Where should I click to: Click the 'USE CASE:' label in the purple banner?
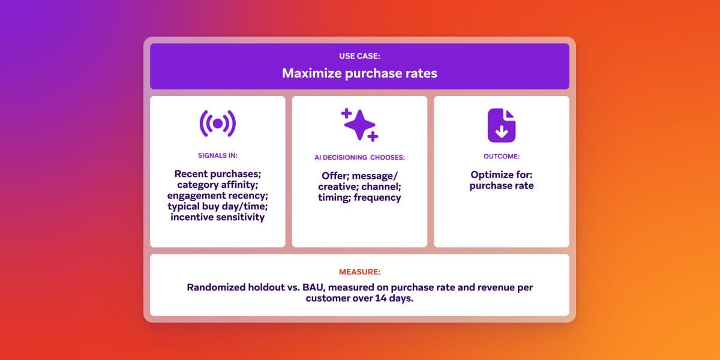(x=359, y=56)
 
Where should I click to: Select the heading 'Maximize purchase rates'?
(x=359, y=74)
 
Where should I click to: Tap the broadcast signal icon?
(x=217, y=124)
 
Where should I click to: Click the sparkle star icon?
(x=359, y=125)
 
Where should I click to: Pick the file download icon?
(x=501, y=125)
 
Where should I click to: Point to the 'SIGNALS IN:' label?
(x=217, y=155)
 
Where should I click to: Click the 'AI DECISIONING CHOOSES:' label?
(x=359, y=157)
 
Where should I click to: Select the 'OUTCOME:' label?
(x=501, y=156)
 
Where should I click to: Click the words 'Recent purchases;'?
(x=217, y=174)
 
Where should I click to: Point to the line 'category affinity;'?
(x=217, y=185)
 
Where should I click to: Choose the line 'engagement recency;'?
(x=217, y=196)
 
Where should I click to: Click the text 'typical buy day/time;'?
(x=217, y=206)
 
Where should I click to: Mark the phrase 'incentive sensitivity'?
(x=217, y=217)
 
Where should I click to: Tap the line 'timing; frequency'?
(x=359, y=197)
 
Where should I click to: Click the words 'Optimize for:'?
(x=501, y=175)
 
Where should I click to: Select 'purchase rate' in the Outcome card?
(x=501, y=186)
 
